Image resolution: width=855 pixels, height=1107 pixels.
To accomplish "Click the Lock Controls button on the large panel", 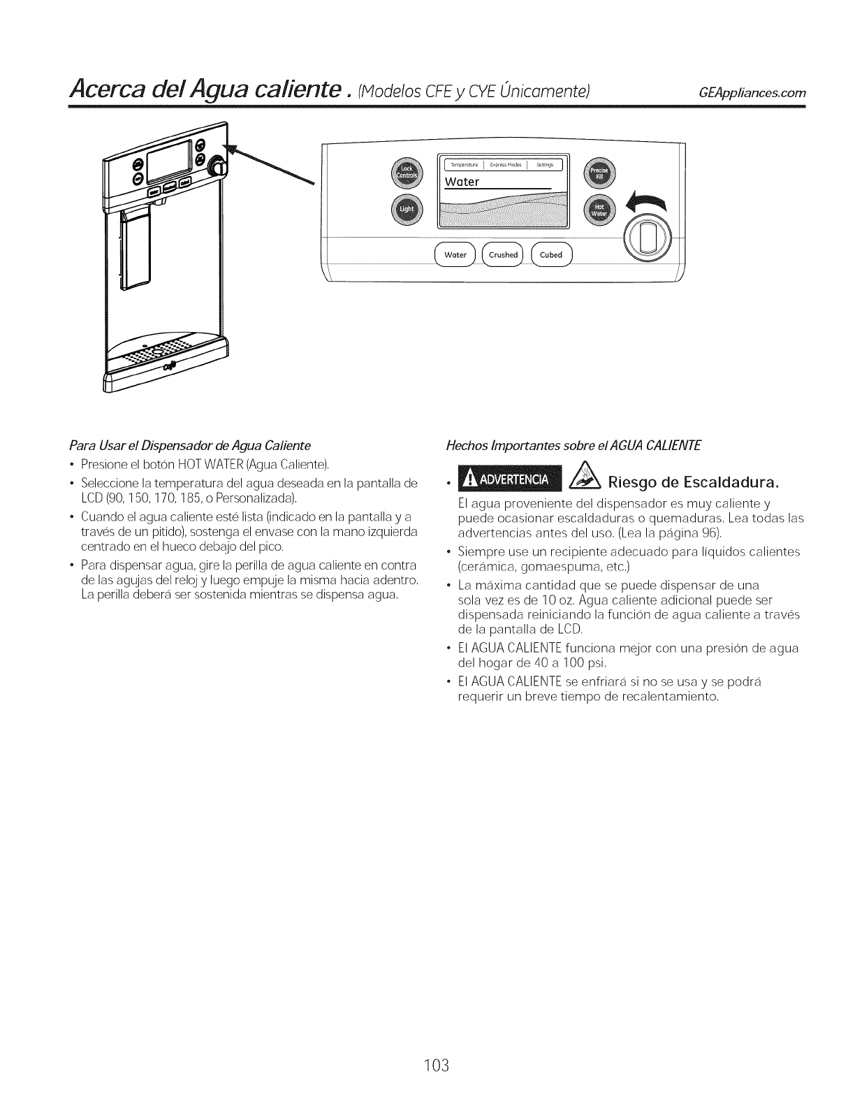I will tap(406, 173).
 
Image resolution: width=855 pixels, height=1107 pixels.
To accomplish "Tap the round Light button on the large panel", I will tap(406, 210).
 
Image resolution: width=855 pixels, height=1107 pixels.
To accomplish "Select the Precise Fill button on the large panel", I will tap(598, 173).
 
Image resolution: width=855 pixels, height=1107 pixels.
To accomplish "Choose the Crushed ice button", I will tap(503, 255).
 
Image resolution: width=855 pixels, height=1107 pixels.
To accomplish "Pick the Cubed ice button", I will tap(551, 255).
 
